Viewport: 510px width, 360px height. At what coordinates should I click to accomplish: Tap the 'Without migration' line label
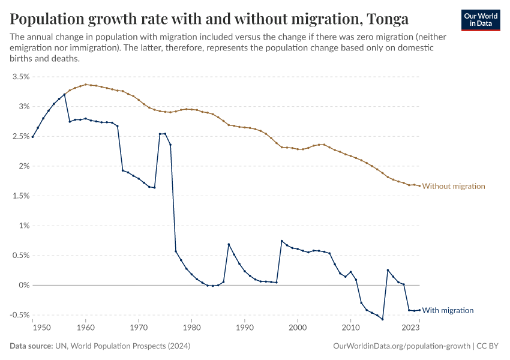tap(454, 186)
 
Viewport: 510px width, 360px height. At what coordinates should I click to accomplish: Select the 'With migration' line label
tap(448, 310)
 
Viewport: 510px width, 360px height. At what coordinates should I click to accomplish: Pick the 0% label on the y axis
tap(23, 285)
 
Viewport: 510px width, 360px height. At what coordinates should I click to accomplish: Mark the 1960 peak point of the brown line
tap(86, 85)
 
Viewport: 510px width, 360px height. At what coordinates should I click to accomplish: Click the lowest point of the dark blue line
tap(382, 319)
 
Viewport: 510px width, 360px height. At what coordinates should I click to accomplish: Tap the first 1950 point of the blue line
tap(32, 137)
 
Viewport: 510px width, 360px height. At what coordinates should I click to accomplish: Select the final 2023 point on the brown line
tap(419, 185)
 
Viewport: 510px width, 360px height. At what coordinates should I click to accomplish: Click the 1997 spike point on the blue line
tap(281, 241)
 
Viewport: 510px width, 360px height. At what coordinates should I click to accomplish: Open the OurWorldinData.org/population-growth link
tap(401, 346)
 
